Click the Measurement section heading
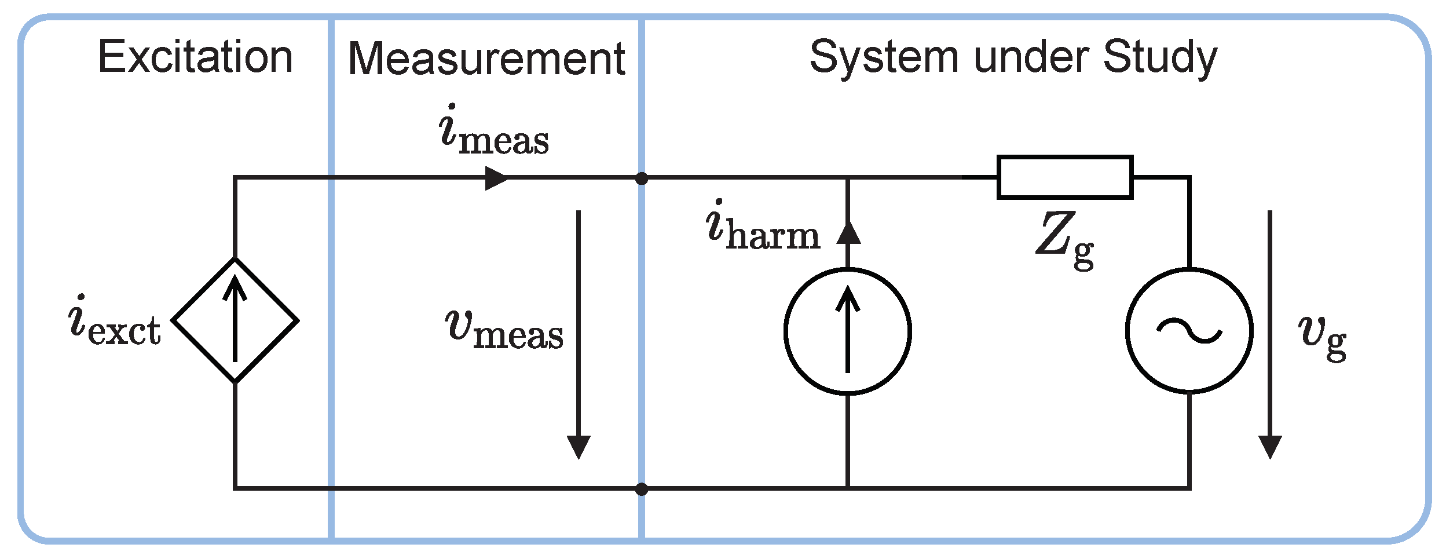(486, 59)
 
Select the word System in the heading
(883, 58)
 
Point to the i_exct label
(114, 322)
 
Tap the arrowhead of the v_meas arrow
(579, 447)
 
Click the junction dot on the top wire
(642, 178)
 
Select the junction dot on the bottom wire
(642, 490)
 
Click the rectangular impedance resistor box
(1065, 177)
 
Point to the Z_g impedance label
(1065, 239)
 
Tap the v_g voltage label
(1322, 337)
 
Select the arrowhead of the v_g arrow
(1270, 447)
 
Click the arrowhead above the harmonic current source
(848, 233)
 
